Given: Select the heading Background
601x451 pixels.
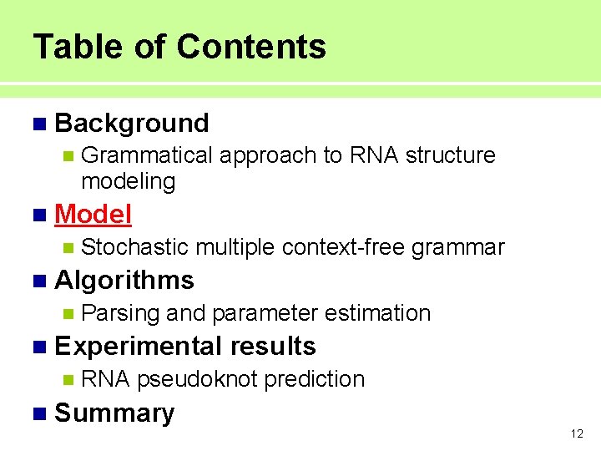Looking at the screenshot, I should (131, 124).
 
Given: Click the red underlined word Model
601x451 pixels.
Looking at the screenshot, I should (93, 215).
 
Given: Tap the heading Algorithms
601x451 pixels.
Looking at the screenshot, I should (124, 281).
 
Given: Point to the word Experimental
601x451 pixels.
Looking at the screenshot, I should (137, 346).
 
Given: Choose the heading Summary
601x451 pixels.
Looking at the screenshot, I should (114, 413).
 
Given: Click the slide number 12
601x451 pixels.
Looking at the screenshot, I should (576, 433).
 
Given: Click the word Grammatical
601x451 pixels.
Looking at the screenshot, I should (148, 155).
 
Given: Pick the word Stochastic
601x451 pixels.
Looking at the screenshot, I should (135, 247).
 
